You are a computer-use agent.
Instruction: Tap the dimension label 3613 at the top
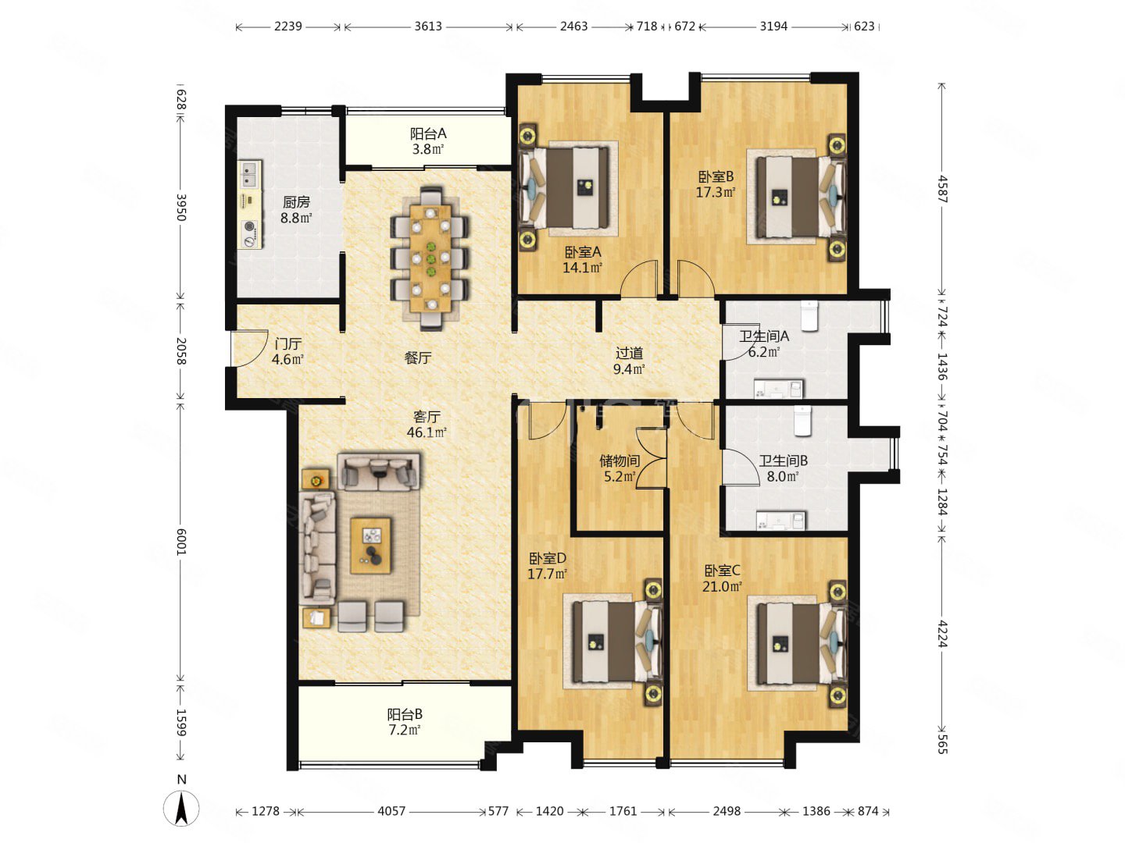pyautogui.click(x=428, y=26)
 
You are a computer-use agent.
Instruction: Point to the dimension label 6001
pyautogui.click(x=181, y=542)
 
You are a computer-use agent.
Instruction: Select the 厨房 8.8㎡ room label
pyautogui.click(x=296, y=210)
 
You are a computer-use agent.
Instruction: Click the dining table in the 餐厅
pyautogui.click(x=430, y=258)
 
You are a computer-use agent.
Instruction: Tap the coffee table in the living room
pyautogui.click(x=370, y=545)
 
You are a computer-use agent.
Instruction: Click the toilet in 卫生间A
pyautogui.click(x=810, y=316)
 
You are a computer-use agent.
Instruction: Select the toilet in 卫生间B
pyautogui.click(x=802, y=421)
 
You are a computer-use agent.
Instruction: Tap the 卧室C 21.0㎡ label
pyautogui.click(x=722, y=578)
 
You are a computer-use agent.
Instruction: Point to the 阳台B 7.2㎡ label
pyautogui.click(x=405, y=722)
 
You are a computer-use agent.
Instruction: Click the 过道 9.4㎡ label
pyautogui.click(x=629, y=361)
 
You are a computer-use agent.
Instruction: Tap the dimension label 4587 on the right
pyautogui.click(x=942, y=189)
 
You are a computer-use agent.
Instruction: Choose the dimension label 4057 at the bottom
pyautogui.click(x=391, y=811)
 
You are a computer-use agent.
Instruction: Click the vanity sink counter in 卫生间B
pyautogui.click(x=780, y=521)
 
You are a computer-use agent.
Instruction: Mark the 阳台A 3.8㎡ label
pyautogui.click(x=428, y=141)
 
